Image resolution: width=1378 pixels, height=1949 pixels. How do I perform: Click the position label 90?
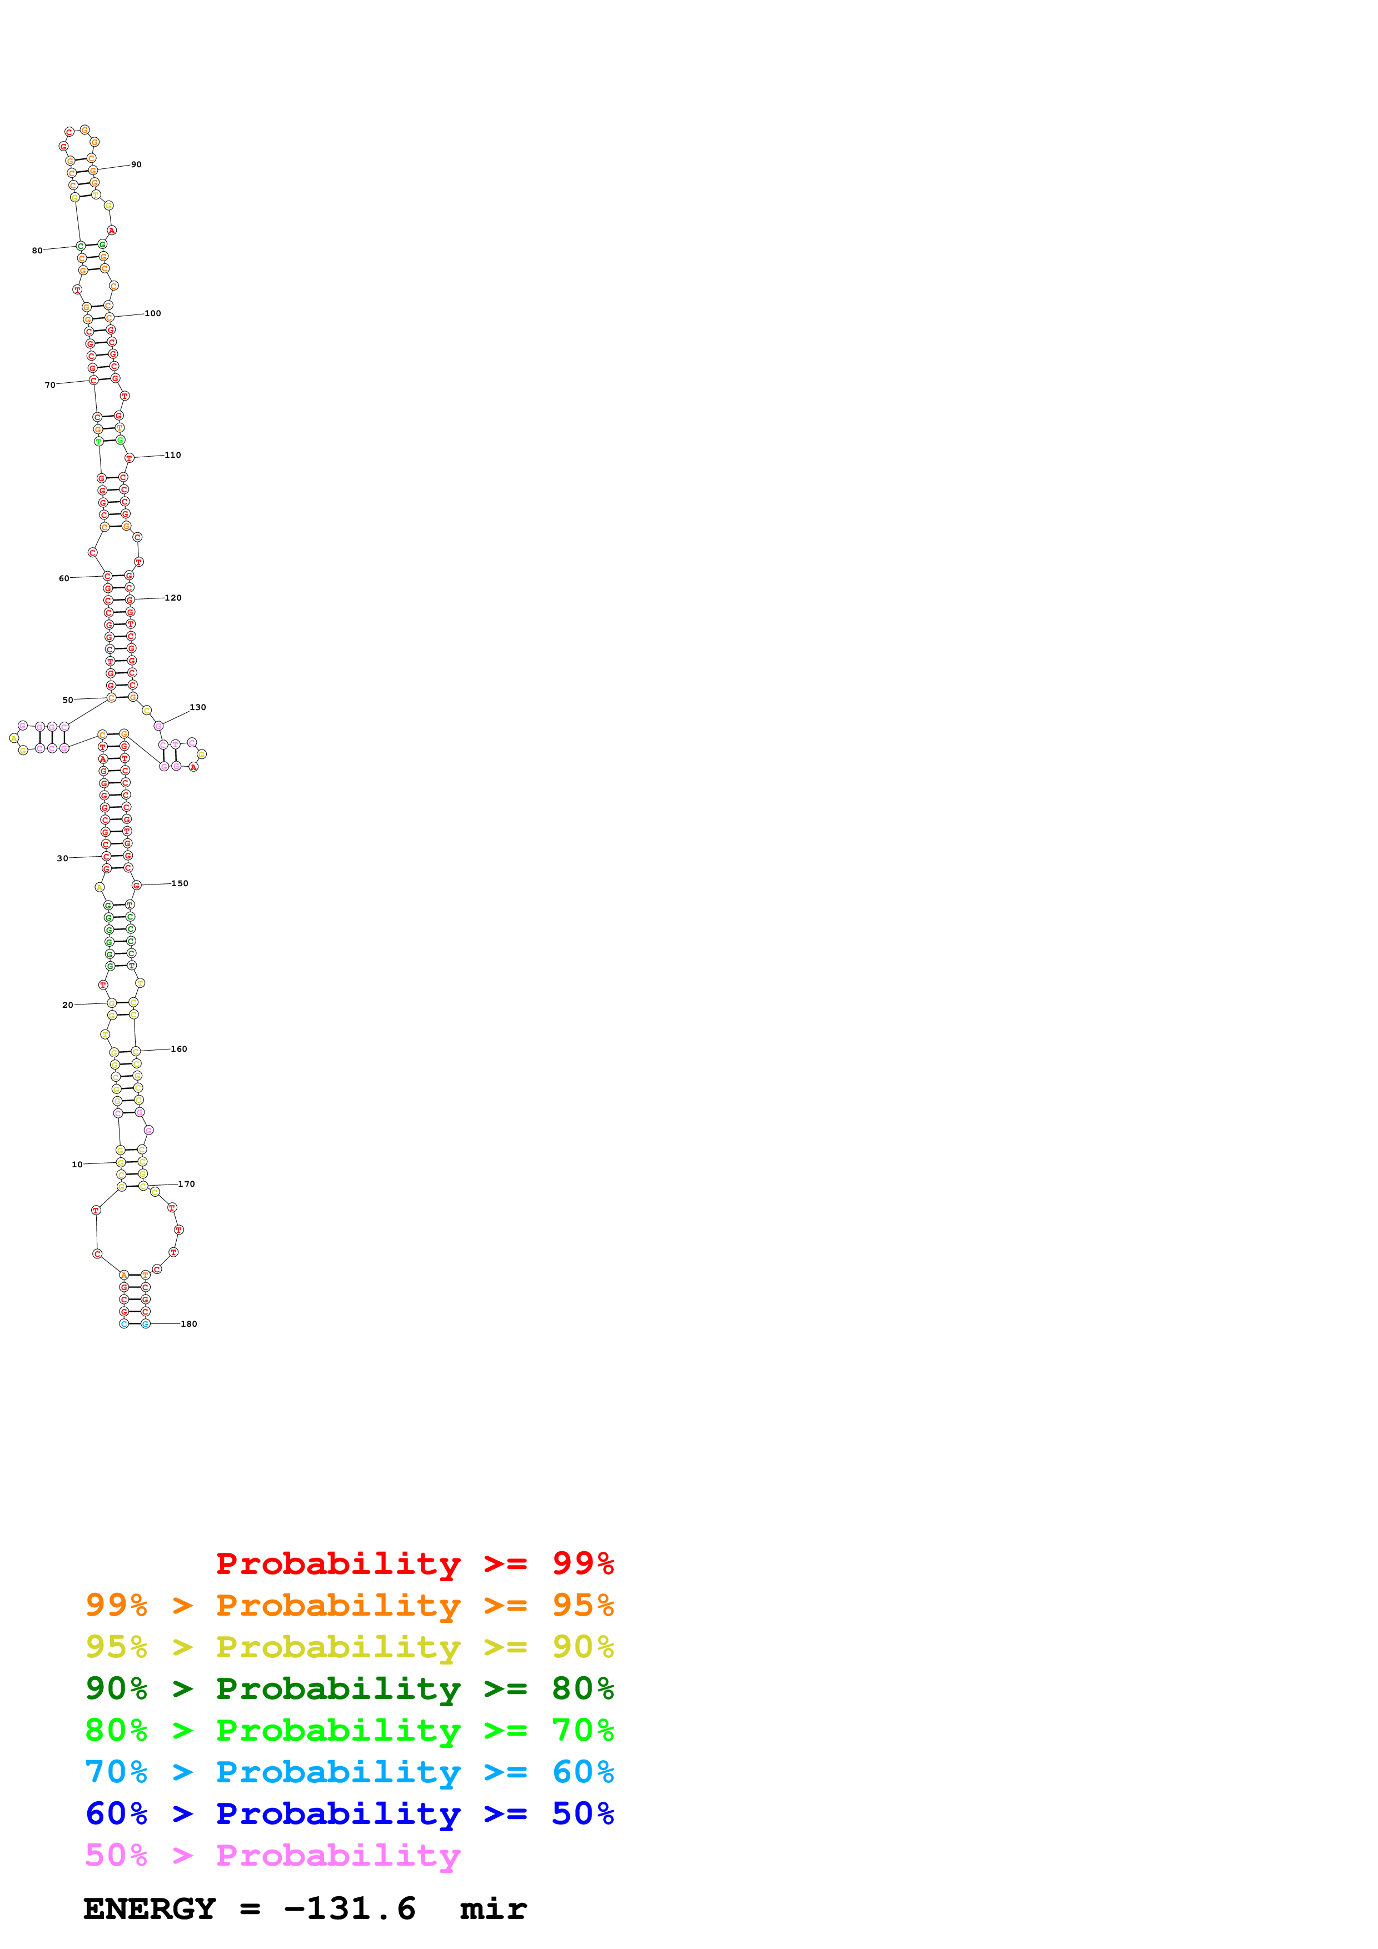136,164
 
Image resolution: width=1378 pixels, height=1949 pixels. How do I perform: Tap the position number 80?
37,251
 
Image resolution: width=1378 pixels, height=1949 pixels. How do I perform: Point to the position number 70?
50,384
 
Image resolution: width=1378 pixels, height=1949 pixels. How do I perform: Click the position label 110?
172,455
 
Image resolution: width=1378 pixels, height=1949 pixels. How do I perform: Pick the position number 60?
64,578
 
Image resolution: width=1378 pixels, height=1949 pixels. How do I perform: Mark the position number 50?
68,700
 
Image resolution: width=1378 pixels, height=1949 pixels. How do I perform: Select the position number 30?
62,858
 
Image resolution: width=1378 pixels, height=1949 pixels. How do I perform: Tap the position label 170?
186,1184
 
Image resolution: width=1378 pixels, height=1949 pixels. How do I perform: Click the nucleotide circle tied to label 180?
145,1323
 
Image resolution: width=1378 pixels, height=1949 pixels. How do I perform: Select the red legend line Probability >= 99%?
414,1563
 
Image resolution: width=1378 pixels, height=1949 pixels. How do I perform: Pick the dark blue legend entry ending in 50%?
349,1813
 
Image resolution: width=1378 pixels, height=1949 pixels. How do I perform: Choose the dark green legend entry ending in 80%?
349,1688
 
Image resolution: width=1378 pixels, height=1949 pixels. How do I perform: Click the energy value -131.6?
350,1909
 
